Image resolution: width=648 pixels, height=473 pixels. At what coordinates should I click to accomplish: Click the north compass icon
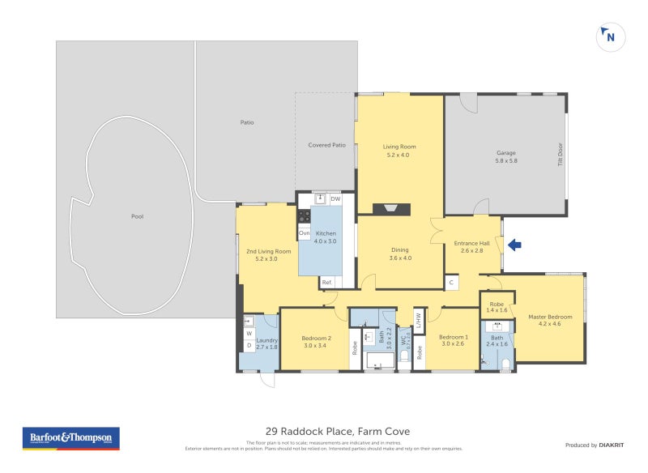tap(609, 36)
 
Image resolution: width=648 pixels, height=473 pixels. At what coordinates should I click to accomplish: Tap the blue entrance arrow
tap(514, 244)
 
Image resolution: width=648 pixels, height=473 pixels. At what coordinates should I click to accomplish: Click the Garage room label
tap(506, 152)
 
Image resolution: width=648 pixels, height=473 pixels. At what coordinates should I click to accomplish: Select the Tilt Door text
tap(559, 154)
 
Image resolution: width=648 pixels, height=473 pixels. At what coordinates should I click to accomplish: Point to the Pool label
tap(137, 216)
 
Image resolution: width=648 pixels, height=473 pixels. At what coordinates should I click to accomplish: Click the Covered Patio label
tap(326, 145)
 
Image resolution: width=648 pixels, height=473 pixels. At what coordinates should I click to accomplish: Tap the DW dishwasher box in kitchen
tap(335, 198)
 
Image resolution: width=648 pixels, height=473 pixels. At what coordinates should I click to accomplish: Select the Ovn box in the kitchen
tap(305, 233)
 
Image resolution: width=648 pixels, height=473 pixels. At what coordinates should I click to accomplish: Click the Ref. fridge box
tap(328, 282)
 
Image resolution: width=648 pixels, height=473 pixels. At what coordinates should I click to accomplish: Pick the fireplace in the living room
tap(392, 209)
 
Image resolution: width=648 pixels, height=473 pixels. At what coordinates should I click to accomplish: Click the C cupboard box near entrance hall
tap(450, 282)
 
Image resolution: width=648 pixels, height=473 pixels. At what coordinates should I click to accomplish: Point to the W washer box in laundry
tap(248, 333)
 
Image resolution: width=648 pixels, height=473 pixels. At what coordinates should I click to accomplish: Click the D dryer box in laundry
tap(248, 346)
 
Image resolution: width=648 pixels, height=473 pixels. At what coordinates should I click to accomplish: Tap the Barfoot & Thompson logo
tap(70, 438)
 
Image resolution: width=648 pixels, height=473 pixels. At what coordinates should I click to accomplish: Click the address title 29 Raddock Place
tap(332, 432)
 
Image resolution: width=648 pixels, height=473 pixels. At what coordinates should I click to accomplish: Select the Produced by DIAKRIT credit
tap(593, 445)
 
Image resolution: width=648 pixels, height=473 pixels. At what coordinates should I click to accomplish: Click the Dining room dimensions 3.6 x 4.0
tap(400, 258)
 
